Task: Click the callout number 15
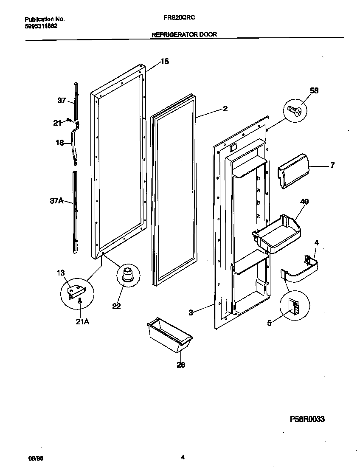[x=164, y=62]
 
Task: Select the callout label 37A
[x=57, y=201]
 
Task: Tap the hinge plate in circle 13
[x=76, y=291]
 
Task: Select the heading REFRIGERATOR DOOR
[x=184, y=35]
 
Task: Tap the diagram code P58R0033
[x=307, y=419]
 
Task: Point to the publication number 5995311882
[x=41, y=25]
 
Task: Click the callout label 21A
[x=82, y=322]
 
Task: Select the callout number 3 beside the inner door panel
[x=191, y=312]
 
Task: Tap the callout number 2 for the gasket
[x=225, y=109]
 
